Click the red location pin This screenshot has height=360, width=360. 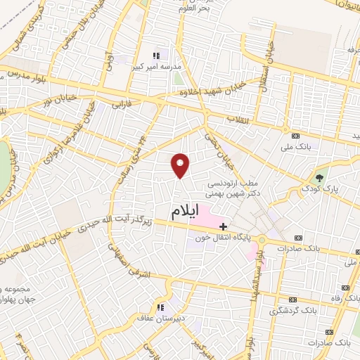(x=181, y=165)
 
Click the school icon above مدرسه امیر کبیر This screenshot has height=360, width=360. (x=157, y=55)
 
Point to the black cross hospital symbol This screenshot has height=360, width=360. (x=224, y=226)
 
